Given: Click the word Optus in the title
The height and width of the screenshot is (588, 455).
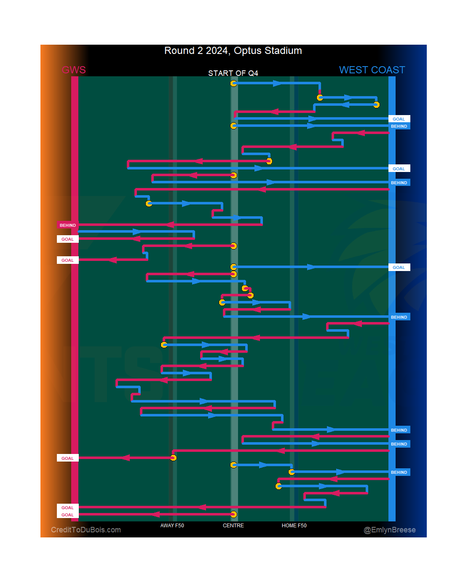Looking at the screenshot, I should pyautogui.click(x=247, y=51).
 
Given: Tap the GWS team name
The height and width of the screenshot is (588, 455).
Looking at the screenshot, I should pyautogui.click(x=74, y=70).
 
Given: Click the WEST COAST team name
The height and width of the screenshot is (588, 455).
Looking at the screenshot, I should pyautogui.click(x=372, y=70).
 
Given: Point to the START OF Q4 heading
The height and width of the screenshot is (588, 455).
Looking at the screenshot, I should pyautogui.click(x=233, y=73).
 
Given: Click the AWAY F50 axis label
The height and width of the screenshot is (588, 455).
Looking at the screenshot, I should pyautogui.click(x=172, y=526).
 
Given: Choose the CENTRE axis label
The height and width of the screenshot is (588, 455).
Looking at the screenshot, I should pyautogui.click(x=233, y=526).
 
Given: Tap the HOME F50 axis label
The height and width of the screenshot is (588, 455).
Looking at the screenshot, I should pyautogui.click(x=294, y=526).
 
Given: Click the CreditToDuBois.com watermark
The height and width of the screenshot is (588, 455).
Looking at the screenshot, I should pyautogui.click(x=86, y=530).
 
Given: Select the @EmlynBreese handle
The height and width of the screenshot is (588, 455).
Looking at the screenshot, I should pyautogui.click(x=390, y=530).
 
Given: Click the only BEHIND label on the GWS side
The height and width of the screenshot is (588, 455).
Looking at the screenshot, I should pyautogui.click(x=68, y=225).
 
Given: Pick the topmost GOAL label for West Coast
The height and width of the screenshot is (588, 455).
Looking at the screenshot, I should pyautogui.click(x=399, y=119).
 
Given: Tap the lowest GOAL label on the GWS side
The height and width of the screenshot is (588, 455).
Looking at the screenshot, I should pyautogui.click(x=67, y=515).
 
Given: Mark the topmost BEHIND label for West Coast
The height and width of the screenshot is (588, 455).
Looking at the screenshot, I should pyautogui.click(x=399, y=126).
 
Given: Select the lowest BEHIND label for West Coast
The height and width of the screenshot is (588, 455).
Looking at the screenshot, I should pyautogui.click(x=399, y=472).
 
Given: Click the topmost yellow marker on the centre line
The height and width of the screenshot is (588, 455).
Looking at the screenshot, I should pyautogui.click(x=233, y=83).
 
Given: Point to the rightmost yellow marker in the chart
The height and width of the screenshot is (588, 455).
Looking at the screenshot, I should pyautogui.click(x=377, y=105).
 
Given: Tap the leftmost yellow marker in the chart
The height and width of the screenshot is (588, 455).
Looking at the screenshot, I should pyautogui.click(x=149, y=204).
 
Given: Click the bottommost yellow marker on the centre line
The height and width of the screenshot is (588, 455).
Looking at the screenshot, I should pyautogui.click(x=233, y=514).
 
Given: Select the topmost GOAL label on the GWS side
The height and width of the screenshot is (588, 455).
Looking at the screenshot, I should pyautogui.click(x=67, y=239).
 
